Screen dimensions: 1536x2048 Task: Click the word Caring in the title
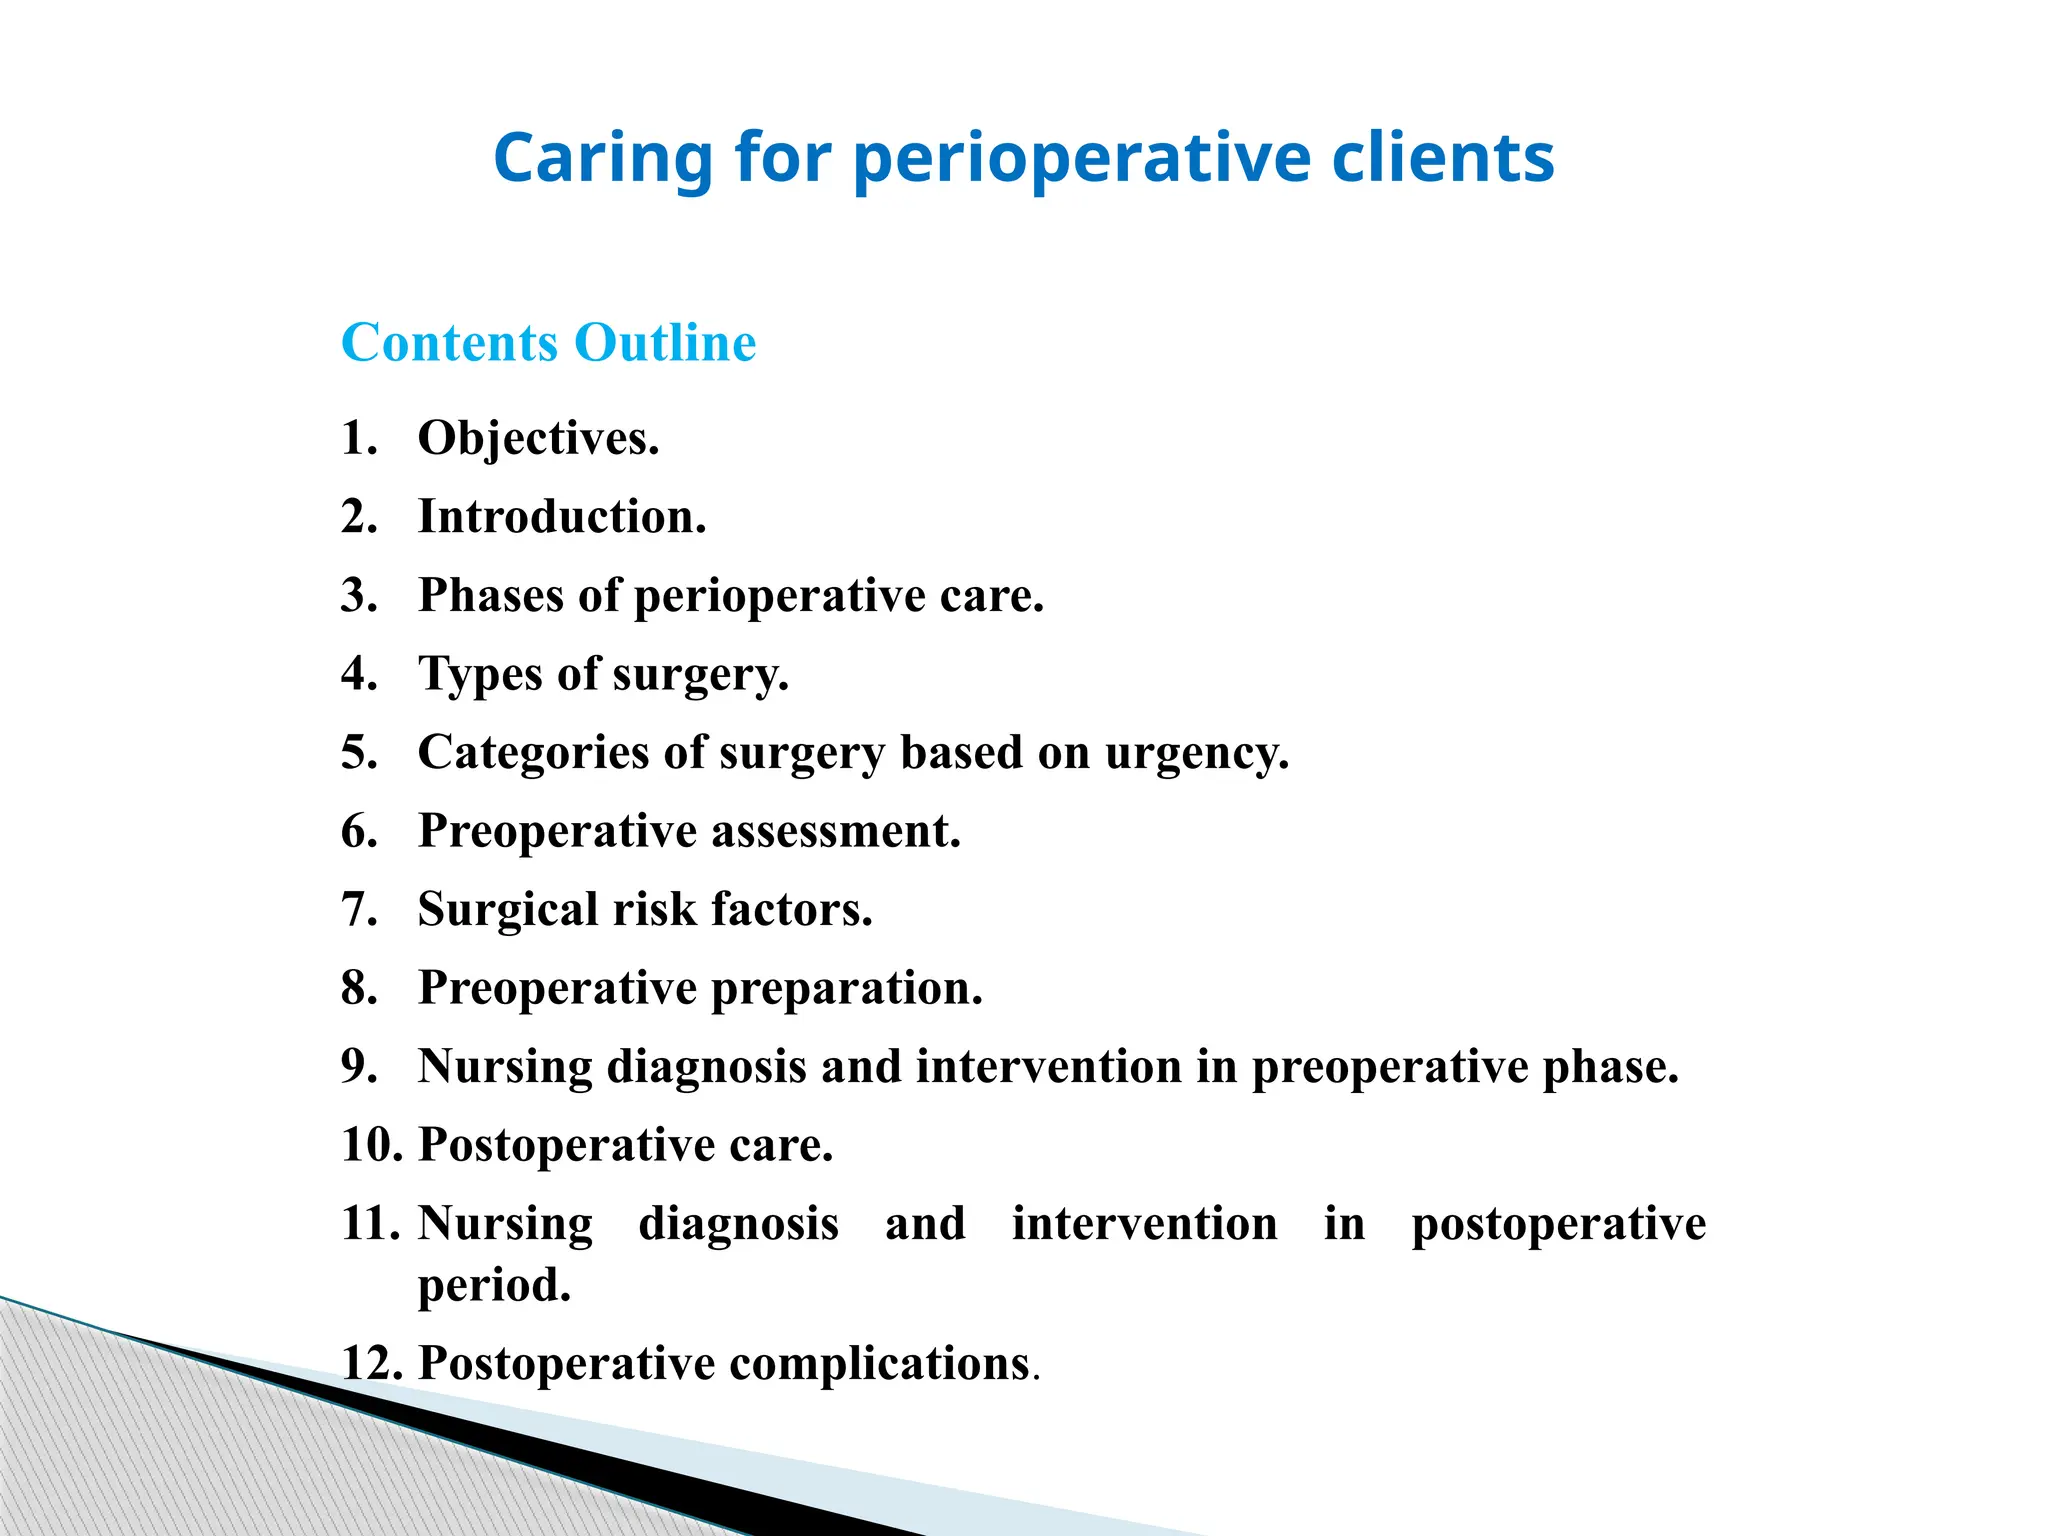[x=602, y=158]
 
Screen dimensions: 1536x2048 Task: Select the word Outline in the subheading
[x=665, y=343]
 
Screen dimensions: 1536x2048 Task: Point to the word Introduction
[x=561, y=517]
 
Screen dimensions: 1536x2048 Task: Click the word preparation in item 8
[x=846, y=988]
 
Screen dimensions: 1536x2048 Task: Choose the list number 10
[x=371, y=1145]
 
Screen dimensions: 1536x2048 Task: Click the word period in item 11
[x=494, y=1285]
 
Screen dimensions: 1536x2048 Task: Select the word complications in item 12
[x=879, y=1363]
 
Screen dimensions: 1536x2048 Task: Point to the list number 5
[x=359, y=753]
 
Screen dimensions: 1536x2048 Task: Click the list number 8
[x=359, y=988]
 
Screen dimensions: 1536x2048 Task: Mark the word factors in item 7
[x=791, y=910]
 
